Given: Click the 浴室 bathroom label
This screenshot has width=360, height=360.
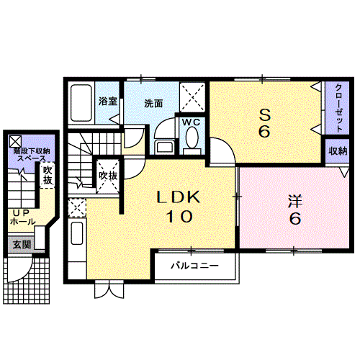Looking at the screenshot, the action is (x=108, y=102).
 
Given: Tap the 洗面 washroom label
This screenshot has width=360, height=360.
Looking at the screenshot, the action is (x=153, y=104).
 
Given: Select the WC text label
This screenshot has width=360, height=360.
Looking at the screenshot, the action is (x=191, y=122).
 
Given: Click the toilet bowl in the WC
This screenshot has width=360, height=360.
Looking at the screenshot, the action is (x=192, y=138).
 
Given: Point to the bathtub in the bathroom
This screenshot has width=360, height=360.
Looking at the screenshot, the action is (x=81, y=103).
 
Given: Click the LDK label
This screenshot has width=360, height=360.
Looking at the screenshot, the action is (x=179, y=197).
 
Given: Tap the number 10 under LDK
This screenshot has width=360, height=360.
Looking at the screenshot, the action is (x=179, y=216).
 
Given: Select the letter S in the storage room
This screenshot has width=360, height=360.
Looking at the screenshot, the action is (x=264, y=115).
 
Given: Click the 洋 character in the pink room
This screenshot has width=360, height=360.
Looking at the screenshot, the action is (x=295, y=201).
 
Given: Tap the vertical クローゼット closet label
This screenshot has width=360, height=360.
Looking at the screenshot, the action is (x=338, y=108).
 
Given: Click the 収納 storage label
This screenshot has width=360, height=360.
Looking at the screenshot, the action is (x=338, y=151).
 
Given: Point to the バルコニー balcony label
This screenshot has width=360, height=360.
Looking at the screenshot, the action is (x=194, y=266).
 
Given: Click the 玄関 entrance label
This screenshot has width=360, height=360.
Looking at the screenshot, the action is (x=22, y=245).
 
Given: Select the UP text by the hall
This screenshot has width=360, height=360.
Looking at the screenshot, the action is (x=21, y=212).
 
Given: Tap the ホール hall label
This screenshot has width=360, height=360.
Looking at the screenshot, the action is (x=23, y=221).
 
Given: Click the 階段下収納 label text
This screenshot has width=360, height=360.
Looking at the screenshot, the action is (x=32, y=151).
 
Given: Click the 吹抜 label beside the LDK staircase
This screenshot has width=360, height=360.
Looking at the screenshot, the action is (x=108, y=176).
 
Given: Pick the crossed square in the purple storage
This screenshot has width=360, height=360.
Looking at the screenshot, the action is (x=15, y=141).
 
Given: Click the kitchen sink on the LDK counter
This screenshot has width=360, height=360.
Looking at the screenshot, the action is (x=77, y=233).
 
